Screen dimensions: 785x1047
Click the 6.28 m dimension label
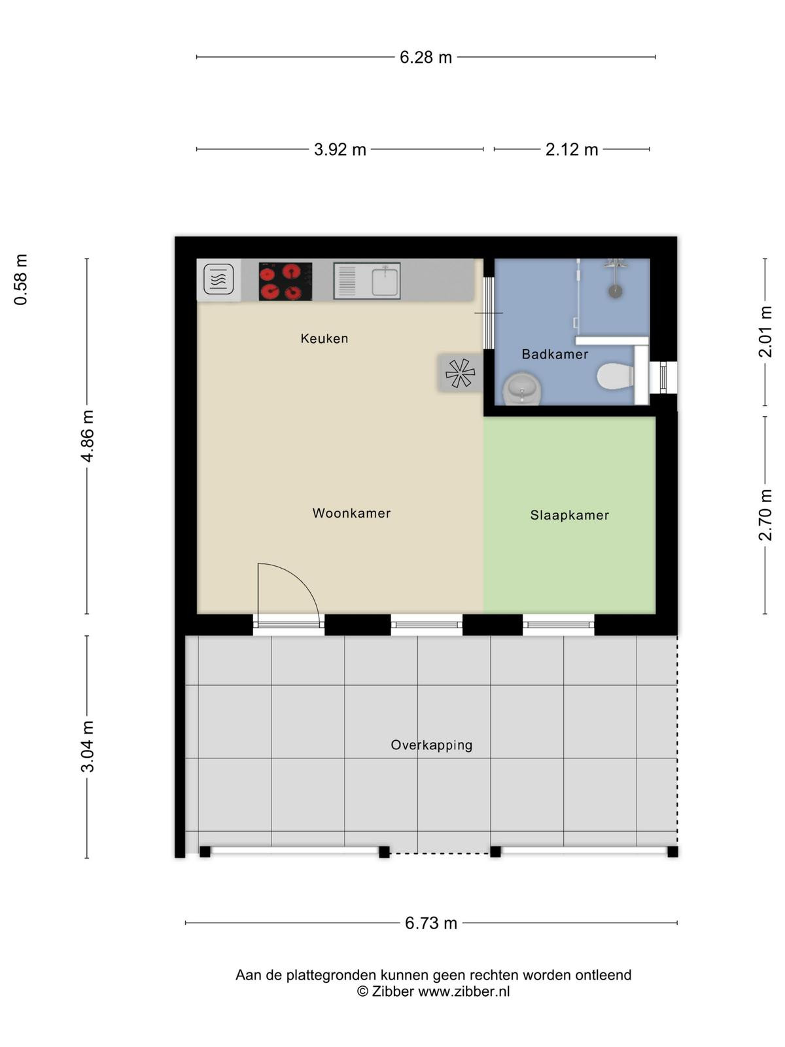[x=425, y=57]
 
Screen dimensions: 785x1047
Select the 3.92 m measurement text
[x=340, y=150]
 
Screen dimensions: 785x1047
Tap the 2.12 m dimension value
[x=572, y=150]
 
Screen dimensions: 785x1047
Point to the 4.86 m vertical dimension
[x=88, y=436]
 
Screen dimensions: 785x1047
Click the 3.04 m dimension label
[x=88, y=747]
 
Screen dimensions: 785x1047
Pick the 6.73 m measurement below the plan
[x=431, y=923]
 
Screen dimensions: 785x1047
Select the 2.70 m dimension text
[x=765, y=515]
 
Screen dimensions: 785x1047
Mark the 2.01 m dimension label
[x=765, y=332]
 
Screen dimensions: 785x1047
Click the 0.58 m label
[x=21, y=279]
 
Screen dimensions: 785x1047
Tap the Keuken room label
[x=324, y=339]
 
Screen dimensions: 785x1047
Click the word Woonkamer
[x=351, y=513]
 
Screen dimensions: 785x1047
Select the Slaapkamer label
[x=570, y=515]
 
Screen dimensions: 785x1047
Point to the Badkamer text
[x=555, y=354]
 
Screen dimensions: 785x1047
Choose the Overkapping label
[x=431, y=745]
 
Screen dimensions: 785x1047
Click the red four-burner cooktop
[x=285, y=281]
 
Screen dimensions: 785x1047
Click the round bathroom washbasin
[x=522, y=389]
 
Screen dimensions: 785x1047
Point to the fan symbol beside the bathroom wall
[x=460, y=372]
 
